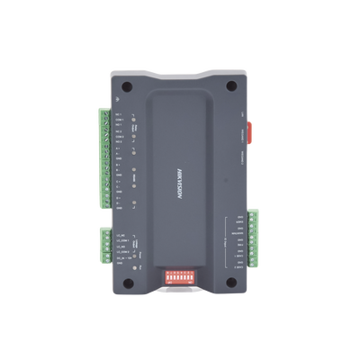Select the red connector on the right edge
coord(250,131)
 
